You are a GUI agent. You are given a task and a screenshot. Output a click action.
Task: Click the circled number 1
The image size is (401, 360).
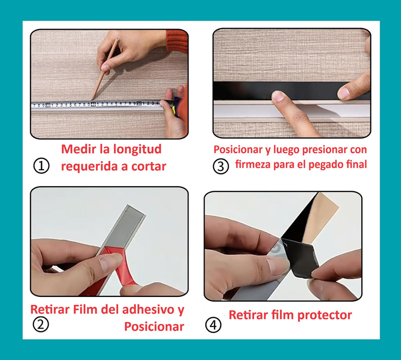(42, 166)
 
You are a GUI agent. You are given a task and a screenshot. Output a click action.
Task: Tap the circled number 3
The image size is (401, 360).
(221, 166)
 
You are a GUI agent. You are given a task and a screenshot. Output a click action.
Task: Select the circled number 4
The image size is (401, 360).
(213, 325)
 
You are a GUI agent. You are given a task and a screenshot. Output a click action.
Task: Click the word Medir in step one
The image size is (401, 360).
(78, 149)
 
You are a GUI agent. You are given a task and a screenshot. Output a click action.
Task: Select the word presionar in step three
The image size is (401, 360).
(311, 150)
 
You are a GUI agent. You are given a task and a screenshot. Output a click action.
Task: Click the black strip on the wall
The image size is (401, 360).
(241, 91)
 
